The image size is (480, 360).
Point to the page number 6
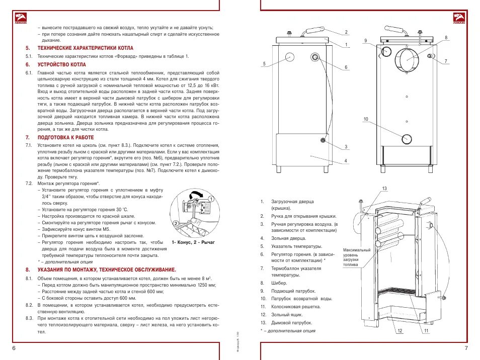tap(14, 348)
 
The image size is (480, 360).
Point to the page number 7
tap(466, 348)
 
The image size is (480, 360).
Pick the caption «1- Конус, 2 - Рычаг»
tap(193, 242)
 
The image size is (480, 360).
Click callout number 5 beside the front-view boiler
tap(264, 64)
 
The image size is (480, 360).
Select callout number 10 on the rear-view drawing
tap(366, 119)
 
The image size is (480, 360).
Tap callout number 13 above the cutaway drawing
tap(384, 189)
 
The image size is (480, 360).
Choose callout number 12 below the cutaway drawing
tap(399, 331)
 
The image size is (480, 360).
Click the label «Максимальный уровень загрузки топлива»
tap(357, 257)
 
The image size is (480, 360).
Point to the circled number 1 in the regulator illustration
tap(211, 199)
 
